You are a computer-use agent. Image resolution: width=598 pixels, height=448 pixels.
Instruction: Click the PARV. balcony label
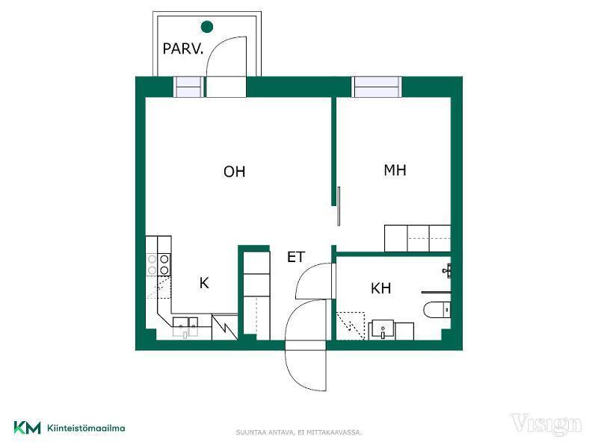(x=182, y=49)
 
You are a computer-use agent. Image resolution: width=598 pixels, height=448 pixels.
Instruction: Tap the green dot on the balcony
(x=207, y=27)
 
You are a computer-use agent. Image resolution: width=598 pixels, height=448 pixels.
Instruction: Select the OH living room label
(x=234, y=172)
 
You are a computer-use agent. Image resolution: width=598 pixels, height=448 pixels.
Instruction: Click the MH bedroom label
(x=395, y=170)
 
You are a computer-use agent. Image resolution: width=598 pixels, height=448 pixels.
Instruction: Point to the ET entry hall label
(x=295, y=257)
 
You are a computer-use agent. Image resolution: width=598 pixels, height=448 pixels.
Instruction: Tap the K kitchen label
(x=204, y=283)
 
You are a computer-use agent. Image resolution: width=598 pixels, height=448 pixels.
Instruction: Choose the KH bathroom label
(x=380, y=288)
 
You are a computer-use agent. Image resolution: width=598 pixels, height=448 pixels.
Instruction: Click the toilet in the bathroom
(x=437, y=310)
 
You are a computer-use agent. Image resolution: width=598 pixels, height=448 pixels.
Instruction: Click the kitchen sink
(x=185, y=327)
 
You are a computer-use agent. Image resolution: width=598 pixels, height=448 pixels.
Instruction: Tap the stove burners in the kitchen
(x=158, y=265)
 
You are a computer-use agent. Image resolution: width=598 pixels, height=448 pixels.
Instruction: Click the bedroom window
(x=377, y=87)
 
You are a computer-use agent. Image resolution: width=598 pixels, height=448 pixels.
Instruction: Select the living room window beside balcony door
(x=189, y=87)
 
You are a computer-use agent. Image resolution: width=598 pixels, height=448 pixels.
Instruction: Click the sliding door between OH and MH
(x=339, y=206)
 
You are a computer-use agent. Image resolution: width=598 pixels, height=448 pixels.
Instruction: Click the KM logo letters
(x=27, y=427)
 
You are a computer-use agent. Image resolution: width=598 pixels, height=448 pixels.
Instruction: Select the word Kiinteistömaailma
(x=86, y=428)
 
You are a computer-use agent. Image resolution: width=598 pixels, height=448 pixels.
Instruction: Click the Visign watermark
(x=546, y=425)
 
